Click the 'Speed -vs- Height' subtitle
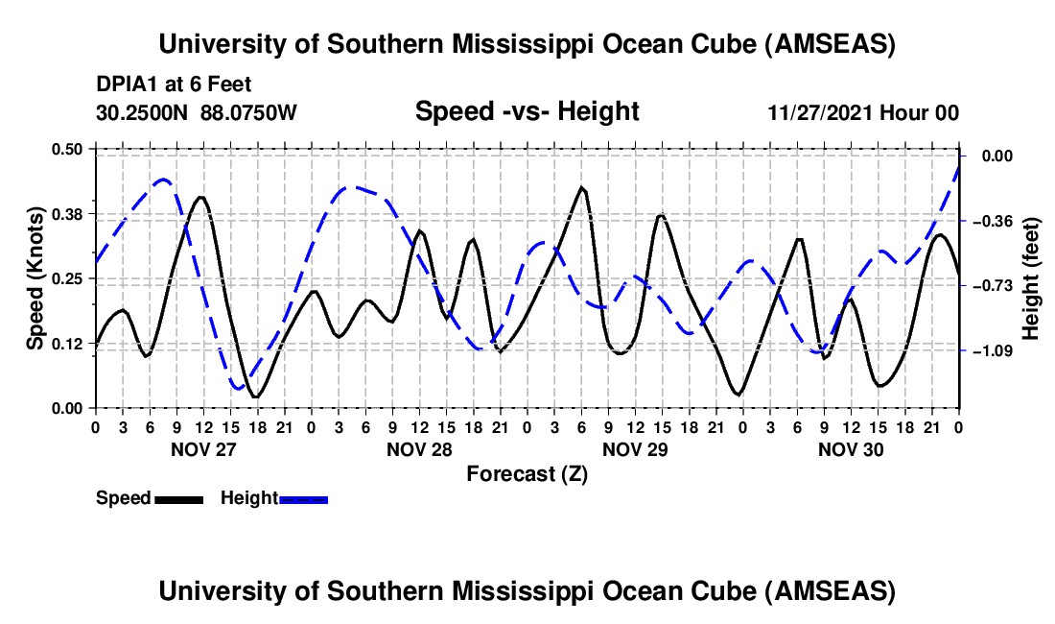coord(527,111)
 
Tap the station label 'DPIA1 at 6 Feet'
coord(174,84)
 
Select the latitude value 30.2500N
coord(141,112)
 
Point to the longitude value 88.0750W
coord(248,112)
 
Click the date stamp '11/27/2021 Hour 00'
coord(863,112)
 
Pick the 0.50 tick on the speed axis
coord(67,149)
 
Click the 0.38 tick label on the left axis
coord(67,214)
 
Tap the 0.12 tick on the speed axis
coord(67,344)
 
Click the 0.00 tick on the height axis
coord(997,156)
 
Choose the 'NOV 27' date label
coord(203,449)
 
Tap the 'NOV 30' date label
coord(851,449)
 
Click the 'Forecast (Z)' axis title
coord(527,474)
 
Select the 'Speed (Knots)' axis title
coord(35,278)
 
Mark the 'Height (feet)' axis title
coord(1030,278)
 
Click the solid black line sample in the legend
coord(179,499)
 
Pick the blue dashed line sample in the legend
coord(303,499)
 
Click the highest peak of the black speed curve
coord(582,188)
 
